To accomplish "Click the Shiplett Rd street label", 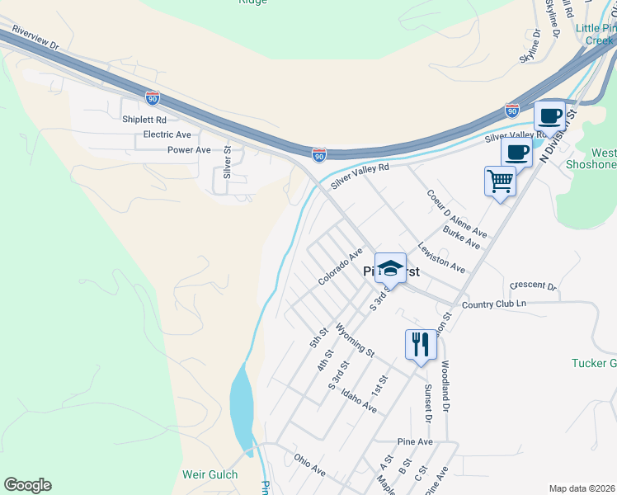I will tap(144, 119).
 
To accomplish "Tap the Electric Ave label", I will tap(167, 134).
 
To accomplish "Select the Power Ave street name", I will tap(189, 150).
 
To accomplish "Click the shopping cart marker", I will tap(500, 181).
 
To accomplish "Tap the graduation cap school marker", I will tap(390, 268).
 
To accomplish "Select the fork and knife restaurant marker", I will tap(421, 344).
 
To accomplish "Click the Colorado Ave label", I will tap(341, 267).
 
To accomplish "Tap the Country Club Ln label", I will tap(494, 304).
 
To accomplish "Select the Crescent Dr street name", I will tap(533, 285).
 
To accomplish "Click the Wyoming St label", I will tap(356, 339).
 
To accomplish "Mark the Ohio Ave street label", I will tap(310, 463).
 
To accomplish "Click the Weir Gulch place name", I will tap(210, 475).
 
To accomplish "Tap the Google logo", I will tap(27, 485).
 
